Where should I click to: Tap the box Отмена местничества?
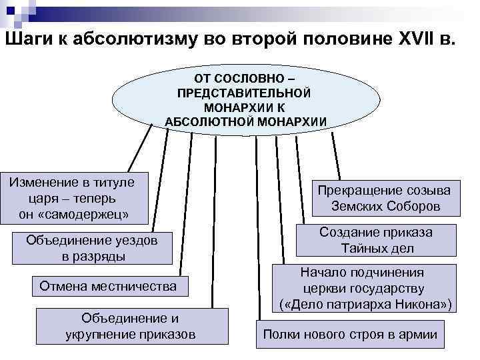pos(108,287)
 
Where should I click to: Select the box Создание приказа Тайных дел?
pos(376,240)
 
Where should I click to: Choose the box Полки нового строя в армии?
pos(349,334)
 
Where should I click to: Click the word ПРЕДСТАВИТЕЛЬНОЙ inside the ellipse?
pos(244,92)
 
